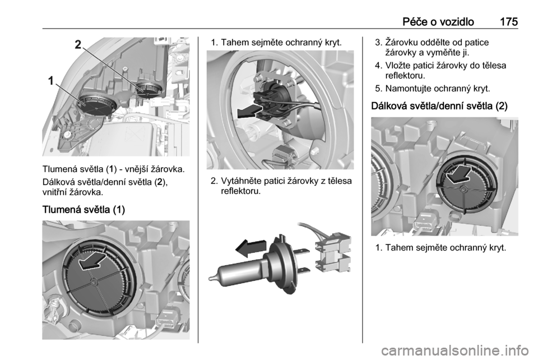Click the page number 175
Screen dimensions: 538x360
pos(508,22)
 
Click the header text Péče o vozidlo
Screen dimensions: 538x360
pos(438,22)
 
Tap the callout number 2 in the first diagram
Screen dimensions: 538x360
pos(78,45)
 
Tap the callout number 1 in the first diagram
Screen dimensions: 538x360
pos(51,81)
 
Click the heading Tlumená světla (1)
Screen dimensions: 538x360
pos(84,209)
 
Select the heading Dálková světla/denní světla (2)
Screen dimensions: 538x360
pos(439,105)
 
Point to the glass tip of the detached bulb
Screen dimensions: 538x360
pos(211,278)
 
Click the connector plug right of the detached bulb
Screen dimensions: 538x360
pos(333,254)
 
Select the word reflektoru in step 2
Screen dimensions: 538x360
pos(241,191)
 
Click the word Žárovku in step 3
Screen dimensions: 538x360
pos(400,43)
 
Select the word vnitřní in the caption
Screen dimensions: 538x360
pos(54,192)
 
